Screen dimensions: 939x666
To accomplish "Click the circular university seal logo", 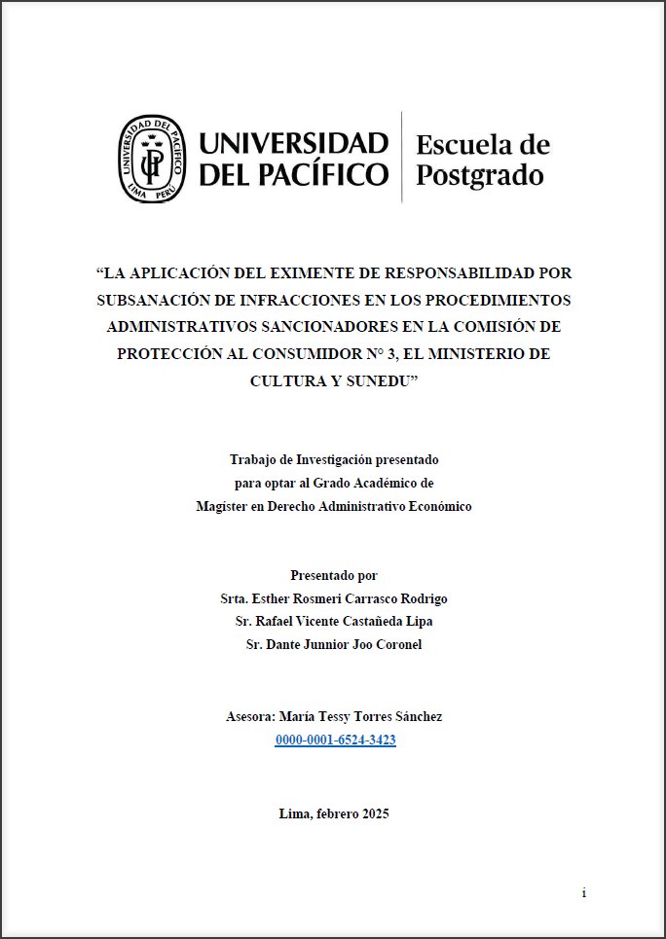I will [x=152, y=158].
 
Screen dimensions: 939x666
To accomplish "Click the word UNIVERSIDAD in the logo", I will [x=294, y=144].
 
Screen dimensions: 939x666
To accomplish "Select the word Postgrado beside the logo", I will [x=479, y=175].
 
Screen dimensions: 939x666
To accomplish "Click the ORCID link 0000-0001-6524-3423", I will [x=335, y=740].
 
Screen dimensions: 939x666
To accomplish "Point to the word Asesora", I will [x=249, y=716].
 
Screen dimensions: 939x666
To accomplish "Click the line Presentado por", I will [x=334, y=575].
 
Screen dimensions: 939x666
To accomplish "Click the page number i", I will [x=583, y=892].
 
